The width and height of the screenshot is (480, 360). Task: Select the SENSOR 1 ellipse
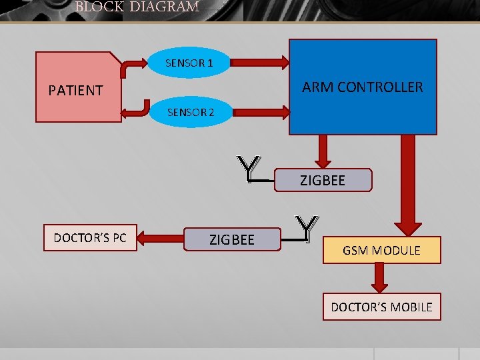189,63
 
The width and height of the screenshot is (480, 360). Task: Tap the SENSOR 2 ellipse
190,112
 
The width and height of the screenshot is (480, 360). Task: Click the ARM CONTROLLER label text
362,87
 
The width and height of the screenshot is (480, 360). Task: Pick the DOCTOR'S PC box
90,238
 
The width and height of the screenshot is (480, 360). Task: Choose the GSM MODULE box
381,251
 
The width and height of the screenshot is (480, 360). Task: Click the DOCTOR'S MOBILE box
381,307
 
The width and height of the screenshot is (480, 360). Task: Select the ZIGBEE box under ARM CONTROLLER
323,180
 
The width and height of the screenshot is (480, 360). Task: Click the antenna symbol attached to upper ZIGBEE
249,169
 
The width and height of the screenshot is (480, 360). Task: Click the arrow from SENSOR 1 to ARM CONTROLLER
260,63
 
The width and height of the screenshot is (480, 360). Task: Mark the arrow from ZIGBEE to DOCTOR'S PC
161,238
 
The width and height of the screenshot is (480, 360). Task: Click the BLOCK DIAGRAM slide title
137,7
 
